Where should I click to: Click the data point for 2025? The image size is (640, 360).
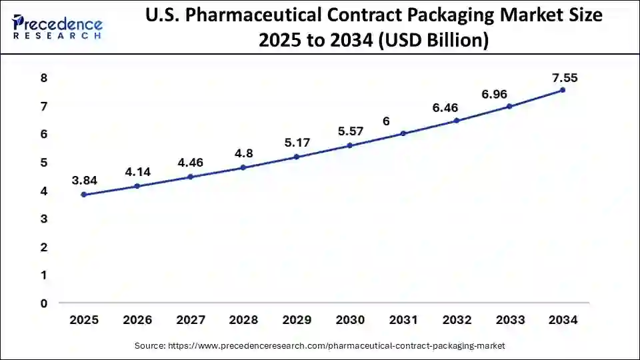coord(83,195)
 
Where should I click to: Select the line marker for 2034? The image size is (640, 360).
coord(563,90)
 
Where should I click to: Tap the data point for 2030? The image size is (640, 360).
coord(349,145)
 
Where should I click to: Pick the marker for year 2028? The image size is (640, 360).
coord(243,167)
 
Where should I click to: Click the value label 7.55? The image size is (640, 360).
coord(564,78)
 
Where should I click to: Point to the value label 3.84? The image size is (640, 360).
coord(84,181)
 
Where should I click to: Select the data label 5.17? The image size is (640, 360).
coord(297,143)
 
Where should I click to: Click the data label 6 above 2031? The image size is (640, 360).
coord(385,121)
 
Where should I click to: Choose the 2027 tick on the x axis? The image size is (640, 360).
coord(190,320)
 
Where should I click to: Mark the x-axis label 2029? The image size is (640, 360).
coord(297,320)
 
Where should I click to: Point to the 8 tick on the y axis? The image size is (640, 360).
coord(43,78)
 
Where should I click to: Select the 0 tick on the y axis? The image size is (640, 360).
coord(43,303)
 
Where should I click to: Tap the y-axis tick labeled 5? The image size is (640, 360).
coord(43,163)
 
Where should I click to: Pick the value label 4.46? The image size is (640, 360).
coord(190,162)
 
